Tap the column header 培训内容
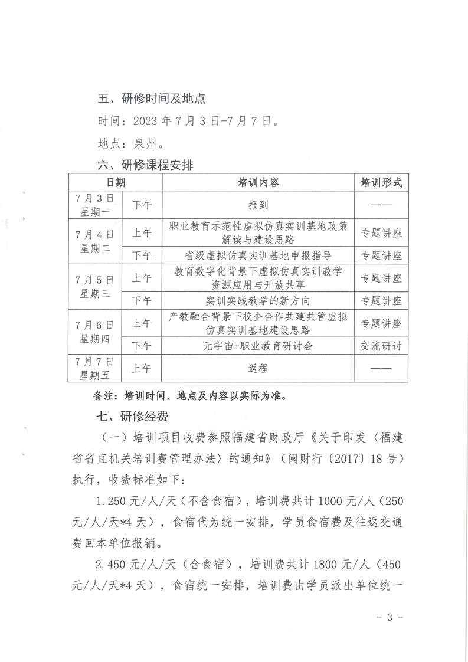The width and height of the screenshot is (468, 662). (258, 183)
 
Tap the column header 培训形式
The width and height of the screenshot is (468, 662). (381, 183)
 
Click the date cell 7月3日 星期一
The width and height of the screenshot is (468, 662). (96, 204)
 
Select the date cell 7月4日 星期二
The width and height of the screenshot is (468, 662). (96, 241)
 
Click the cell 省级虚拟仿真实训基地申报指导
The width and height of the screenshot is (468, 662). (258, 255)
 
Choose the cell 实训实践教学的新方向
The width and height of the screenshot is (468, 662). (258, 300)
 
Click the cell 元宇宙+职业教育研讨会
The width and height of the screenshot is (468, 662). (258, 346)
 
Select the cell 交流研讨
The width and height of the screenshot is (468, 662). (381, 346)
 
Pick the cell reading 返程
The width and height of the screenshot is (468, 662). (258, 368)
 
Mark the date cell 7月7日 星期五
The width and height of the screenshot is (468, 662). (96, 368)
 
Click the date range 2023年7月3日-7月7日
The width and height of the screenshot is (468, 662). (206, 122)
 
